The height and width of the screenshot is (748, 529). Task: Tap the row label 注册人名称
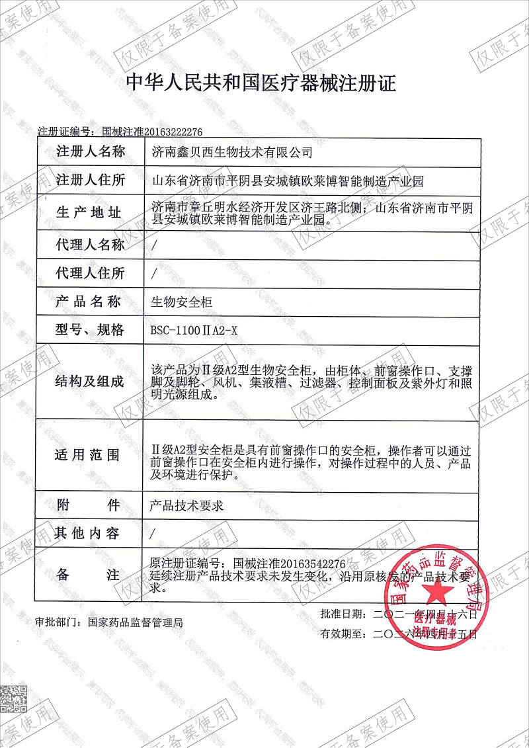pyautogui.click(x=90, y=151)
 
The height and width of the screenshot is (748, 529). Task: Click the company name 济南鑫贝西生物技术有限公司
pyautogui.click(x=231, y=152)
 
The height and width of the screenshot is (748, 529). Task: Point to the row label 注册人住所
pyautogui.click(x=90, y=180)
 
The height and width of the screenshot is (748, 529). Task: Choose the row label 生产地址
pyautogui.click(x=90, y=212)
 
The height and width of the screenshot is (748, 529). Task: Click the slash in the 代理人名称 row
pyautogui.click(x=155, y=245)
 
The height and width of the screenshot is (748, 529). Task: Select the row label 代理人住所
pyautogui.click(x=90, y=272)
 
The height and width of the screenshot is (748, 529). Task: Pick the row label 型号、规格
pyautogui.click(x=90, y=330)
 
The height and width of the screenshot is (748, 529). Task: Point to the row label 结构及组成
pyautogui.click(x=90, y=381)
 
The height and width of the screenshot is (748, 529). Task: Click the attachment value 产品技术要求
pyautogui.click(x=188, y=506)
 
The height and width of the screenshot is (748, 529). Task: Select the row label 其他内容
pyautogui.click(x=90, y=533)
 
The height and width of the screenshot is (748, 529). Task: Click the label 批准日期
pyautogui.click(x=341, y=614)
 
